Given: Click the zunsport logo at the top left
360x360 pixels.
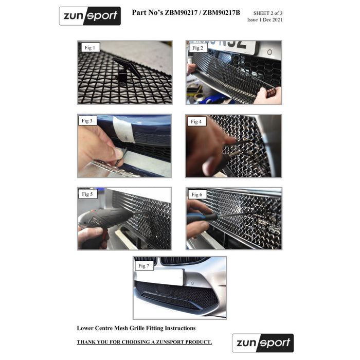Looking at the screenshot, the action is (x=90, y=16).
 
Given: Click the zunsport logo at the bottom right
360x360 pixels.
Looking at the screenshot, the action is (x=263, y=343).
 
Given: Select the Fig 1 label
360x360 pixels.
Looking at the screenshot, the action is (x=90, y=47).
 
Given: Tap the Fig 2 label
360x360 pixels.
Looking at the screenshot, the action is (x=198, y=48).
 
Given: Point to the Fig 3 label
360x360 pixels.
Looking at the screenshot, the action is (x=87, y=121).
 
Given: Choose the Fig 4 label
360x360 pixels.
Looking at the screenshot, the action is (x=196, y=121).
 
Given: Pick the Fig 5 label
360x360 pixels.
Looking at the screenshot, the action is (x=88, y=194).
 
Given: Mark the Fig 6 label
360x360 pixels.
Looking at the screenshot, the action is (x=197, y=194).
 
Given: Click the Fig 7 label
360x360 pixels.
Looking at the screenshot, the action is (x=144, y=266).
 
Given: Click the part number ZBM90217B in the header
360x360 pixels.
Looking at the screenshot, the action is (x=221, y=13).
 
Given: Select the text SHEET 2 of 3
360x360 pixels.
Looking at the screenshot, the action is (x=268, y=13).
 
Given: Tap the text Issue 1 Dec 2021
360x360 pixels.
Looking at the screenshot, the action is (x=265, y=20).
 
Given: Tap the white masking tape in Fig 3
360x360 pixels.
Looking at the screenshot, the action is (x=124, y=130).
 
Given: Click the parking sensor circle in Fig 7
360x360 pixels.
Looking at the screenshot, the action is (x=192, y=283).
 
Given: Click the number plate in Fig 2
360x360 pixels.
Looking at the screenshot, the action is (x=232, y=47).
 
